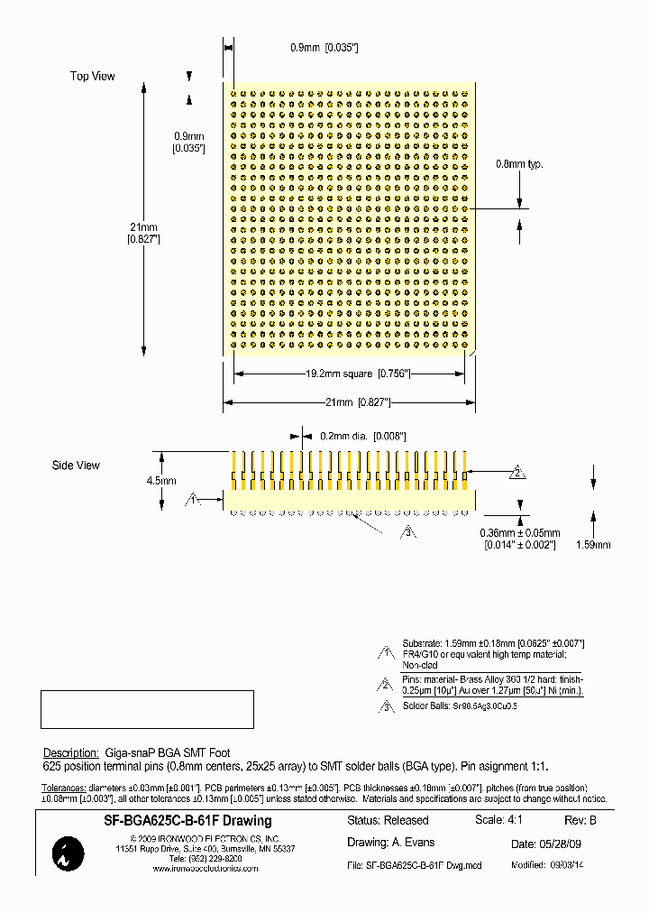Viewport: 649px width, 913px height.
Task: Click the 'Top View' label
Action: [x=93, y=77]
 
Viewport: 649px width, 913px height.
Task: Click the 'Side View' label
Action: [x=76, y=466]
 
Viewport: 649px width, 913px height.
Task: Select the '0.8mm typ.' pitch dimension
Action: [x=520, y=164]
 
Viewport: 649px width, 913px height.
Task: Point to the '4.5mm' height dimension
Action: [x=160, y=481]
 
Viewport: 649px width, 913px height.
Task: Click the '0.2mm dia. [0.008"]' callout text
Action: [x=357, y=435]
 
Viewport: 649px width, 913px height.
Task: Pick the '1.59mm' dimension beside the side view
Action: [x=592, y=545]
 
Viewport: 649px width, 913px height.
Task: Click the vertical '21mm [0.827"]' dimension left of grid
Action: [x=144, y=233]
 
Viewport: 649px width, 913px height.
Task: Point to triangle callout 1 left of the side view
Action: [x=192, y=499]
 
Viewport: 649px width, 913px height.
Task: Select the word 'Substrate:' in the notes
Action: [x=422, y=643]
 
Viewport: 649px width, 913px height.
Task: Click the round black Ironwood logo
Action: [x=69, y=853]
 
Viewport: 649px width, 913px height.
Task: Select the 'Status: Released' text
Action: [x=388, y=821]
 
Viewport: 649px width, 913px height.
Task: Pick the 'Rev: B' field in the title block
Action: [x=580, y=821]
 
